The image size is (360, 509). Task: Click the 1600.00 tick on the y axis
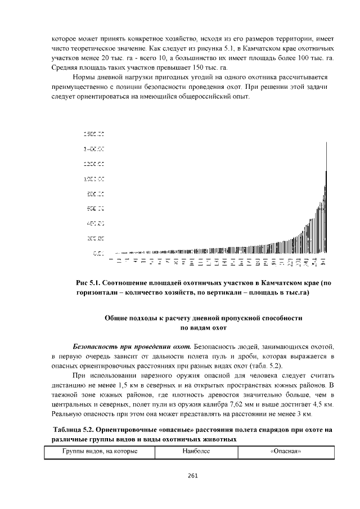coord(94,134)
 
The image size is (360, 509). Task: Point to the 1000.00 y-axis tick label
coord(94,179)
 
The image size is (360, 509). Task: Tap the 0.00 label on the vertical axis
coord(98,254)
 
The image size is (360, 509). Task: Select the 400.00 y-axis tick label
coord(94,224)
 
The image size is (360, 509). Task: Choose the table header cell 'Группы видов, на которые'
coord(99,452)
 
